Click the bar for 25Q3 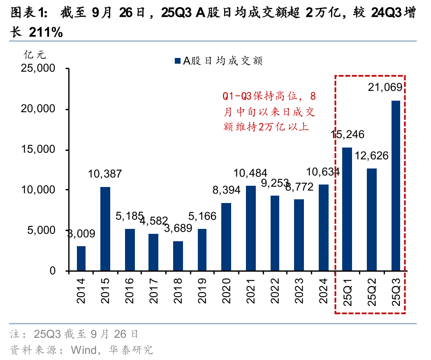click(x=396, y=186)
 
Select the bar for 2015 click(x=105, y=229)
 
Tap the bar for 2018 click(x=178, y=256)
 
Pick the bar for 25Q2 click(x=371, y=220)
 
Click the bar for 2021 click(x=250, y=228)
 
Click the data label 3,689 click(x=178, y=228)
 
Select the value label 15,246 click(x=348, y=134)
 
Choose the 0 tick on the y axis click(x=52, y=271)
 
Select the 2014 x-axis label click(x=81, y=291)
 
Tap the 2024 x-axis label click(x=323, y=291)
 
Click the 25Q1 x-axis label click(x=348, y=292)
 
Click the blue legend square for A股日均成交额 click(x=178, y=61)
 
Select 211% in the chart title click(x=46, y=32)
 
